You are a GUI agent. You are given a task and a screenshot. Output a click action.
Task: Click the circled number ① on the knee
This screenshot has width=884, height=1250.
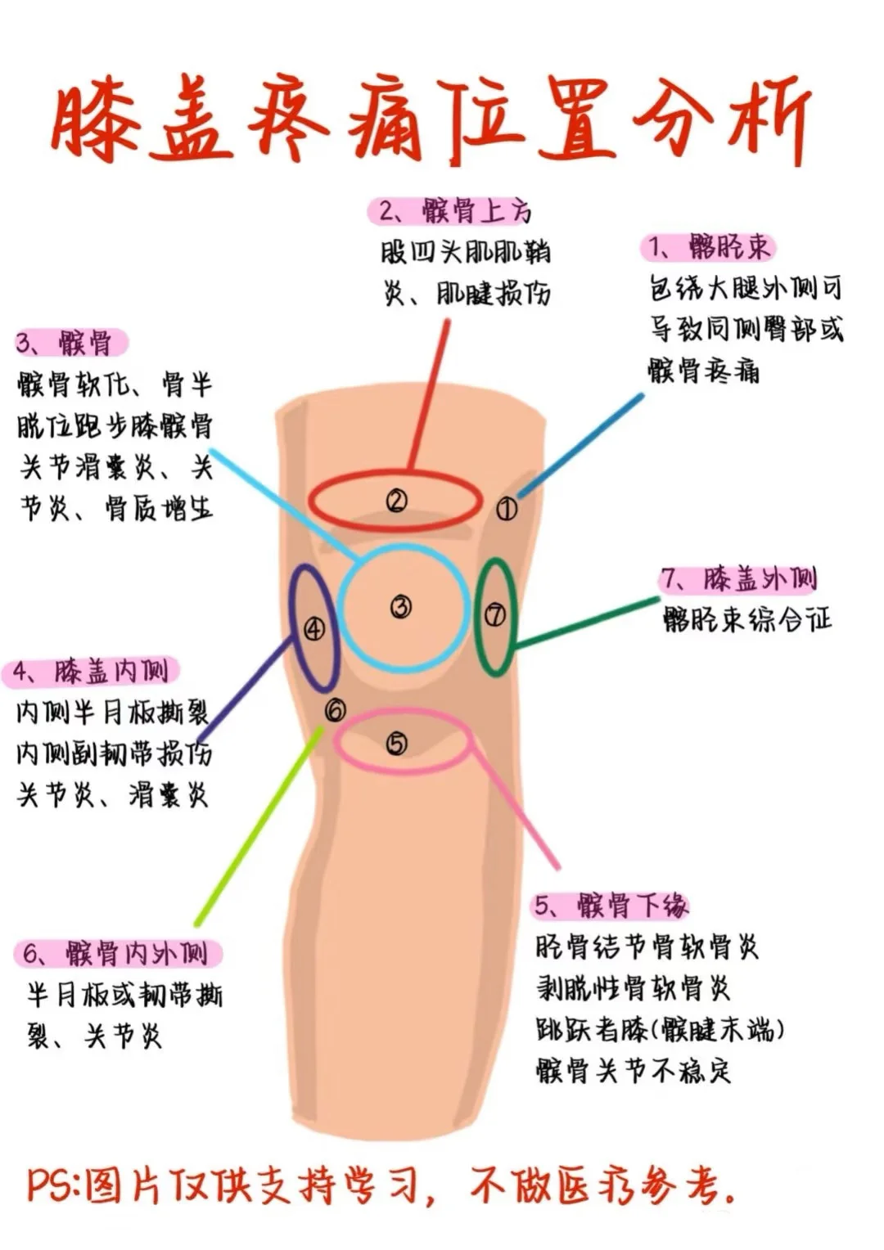tap(507, 509)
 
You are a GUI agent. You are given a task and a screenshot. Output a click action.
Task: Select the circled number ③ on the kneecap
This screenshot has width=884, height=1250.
tap(400, 607)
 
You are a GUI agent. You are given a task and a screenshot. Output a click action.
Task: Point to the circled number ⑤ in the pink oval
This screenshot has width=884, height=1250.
tap(396, 744)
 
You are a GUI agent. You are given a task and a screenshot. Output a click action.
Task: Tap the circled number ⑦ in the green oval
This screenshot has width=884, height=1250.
tap(495, 614)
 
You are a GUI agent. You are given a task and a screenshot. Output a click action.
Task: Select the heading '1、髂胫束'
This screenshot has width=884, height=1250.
tap(708, 247)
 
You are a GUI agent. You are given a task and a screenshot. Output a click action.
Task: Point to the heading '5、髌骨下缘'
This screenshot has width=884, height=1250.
tap(611, 906)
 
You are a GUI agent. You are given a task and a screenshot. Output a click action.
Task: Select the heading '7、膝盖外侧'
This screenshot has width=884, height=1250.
tap(738, 580)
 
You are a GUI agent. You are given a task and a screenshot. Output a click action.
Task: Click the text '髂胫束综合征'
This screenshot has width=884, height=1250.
tap(746, 620)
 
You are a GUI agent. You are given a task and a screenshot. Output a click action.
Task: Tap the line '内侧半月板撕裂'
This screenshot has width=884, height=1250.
tap(112, 713)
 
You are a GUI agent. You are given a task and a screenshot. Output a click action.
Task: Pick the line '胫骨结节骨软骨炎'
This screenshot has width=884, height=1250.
tap(647, 947)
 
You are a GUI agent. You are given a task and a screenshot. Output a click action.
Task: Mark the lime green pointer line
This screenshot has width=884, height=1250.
tap(259, 826)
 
